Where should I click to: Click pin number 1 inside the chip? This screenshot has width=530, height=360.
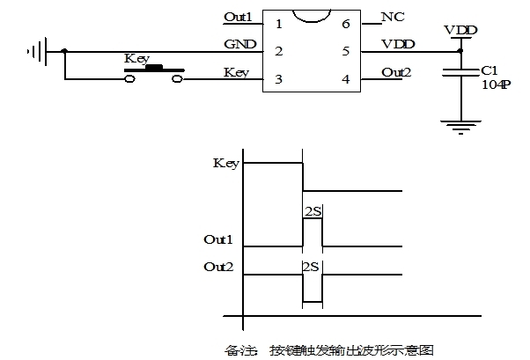[x=279, y=24]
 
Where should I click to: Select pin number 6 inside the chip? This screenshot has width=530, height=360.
[x=345, y=24]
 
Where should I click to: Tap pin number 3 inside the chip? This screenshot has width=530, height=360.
[x=278, y=79]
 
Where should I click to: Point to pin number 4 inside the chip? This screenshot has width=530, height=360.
[x=345, y=79]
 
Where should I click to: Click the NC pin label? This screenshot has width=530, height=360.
[x=393, y=17]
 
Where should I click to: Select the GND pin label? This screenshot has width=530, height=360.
[x=240, y=44]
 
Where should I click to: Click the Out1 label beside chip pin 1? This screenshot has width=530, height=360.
[x=239, y=17]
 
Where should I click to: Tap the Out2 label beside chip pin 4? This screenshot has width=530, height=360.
[x=396, y=72]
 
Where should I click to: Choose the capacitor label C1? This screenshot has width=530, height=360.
[x=490, y=70]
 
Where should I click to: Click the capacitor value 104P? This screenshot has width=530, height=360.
[x=496, y=84]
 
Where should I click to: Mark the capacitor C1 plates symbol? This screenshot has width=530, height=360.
[x=460, y=72]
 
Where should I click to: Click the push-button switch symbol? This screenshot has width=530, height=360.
[x=154, y=73]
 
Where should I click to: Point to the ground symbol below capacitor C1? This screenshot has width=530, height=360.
[x=460, y=128]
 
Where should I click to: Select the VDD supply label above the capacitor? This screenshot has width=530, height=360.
[x=460, y=31]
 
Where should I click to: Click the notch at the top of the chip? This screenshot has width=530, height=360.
[x=312, y=17]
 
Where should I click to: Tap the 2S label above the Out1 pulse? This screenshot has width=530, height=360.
[x=313, y=211]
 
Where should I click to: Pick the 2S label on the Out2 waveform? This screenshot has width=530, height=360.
[x=311, y=267]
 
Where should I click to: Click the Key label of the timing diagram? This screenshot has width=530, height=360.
[x=226, y=164]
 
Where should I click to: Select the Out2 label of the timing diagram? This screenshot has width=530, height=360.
[x=218, y=267]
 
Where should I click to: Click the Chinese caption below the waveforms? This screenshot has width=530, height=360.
[x=329, y=350]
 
